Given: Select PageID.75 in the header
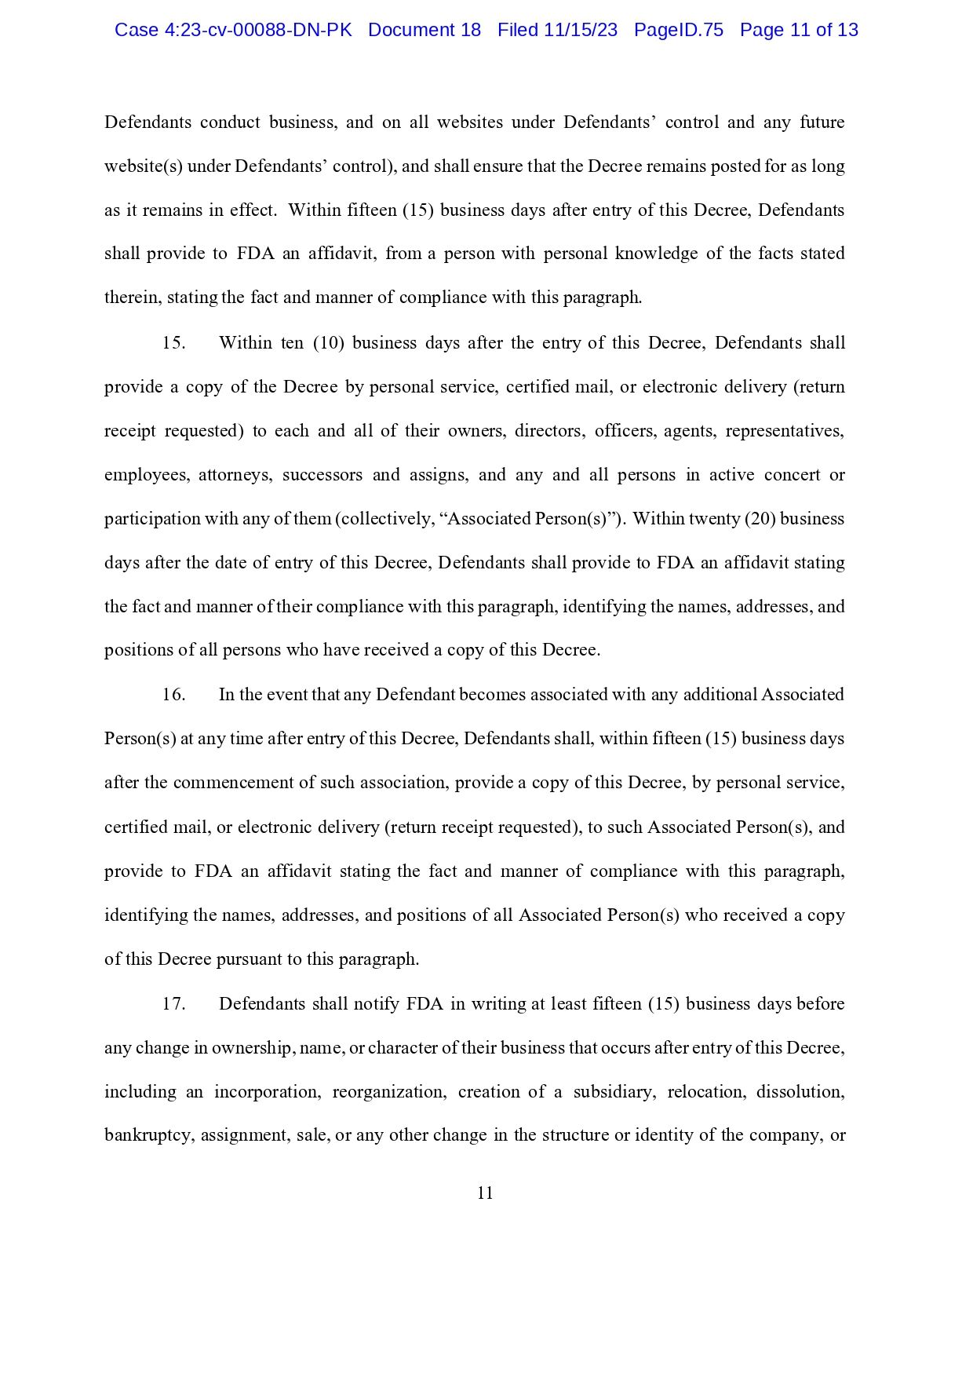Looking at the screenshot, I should click(678, 30).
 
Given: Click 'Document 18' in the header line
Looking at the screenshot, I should click(424, 30).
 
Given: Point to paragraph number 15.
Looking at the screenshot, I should click(173, 343).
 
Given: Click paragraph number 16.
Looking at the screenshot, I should click(173, 695).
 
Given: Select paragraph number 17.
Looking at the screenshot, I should click(173, 1004).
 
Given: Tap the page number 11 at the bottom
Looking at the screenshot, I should click(485, 1193).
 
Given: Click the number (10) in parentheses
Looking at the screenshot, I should click(329, 343).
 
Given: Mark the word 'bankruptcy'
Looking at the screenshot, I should click(148, 1136).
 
